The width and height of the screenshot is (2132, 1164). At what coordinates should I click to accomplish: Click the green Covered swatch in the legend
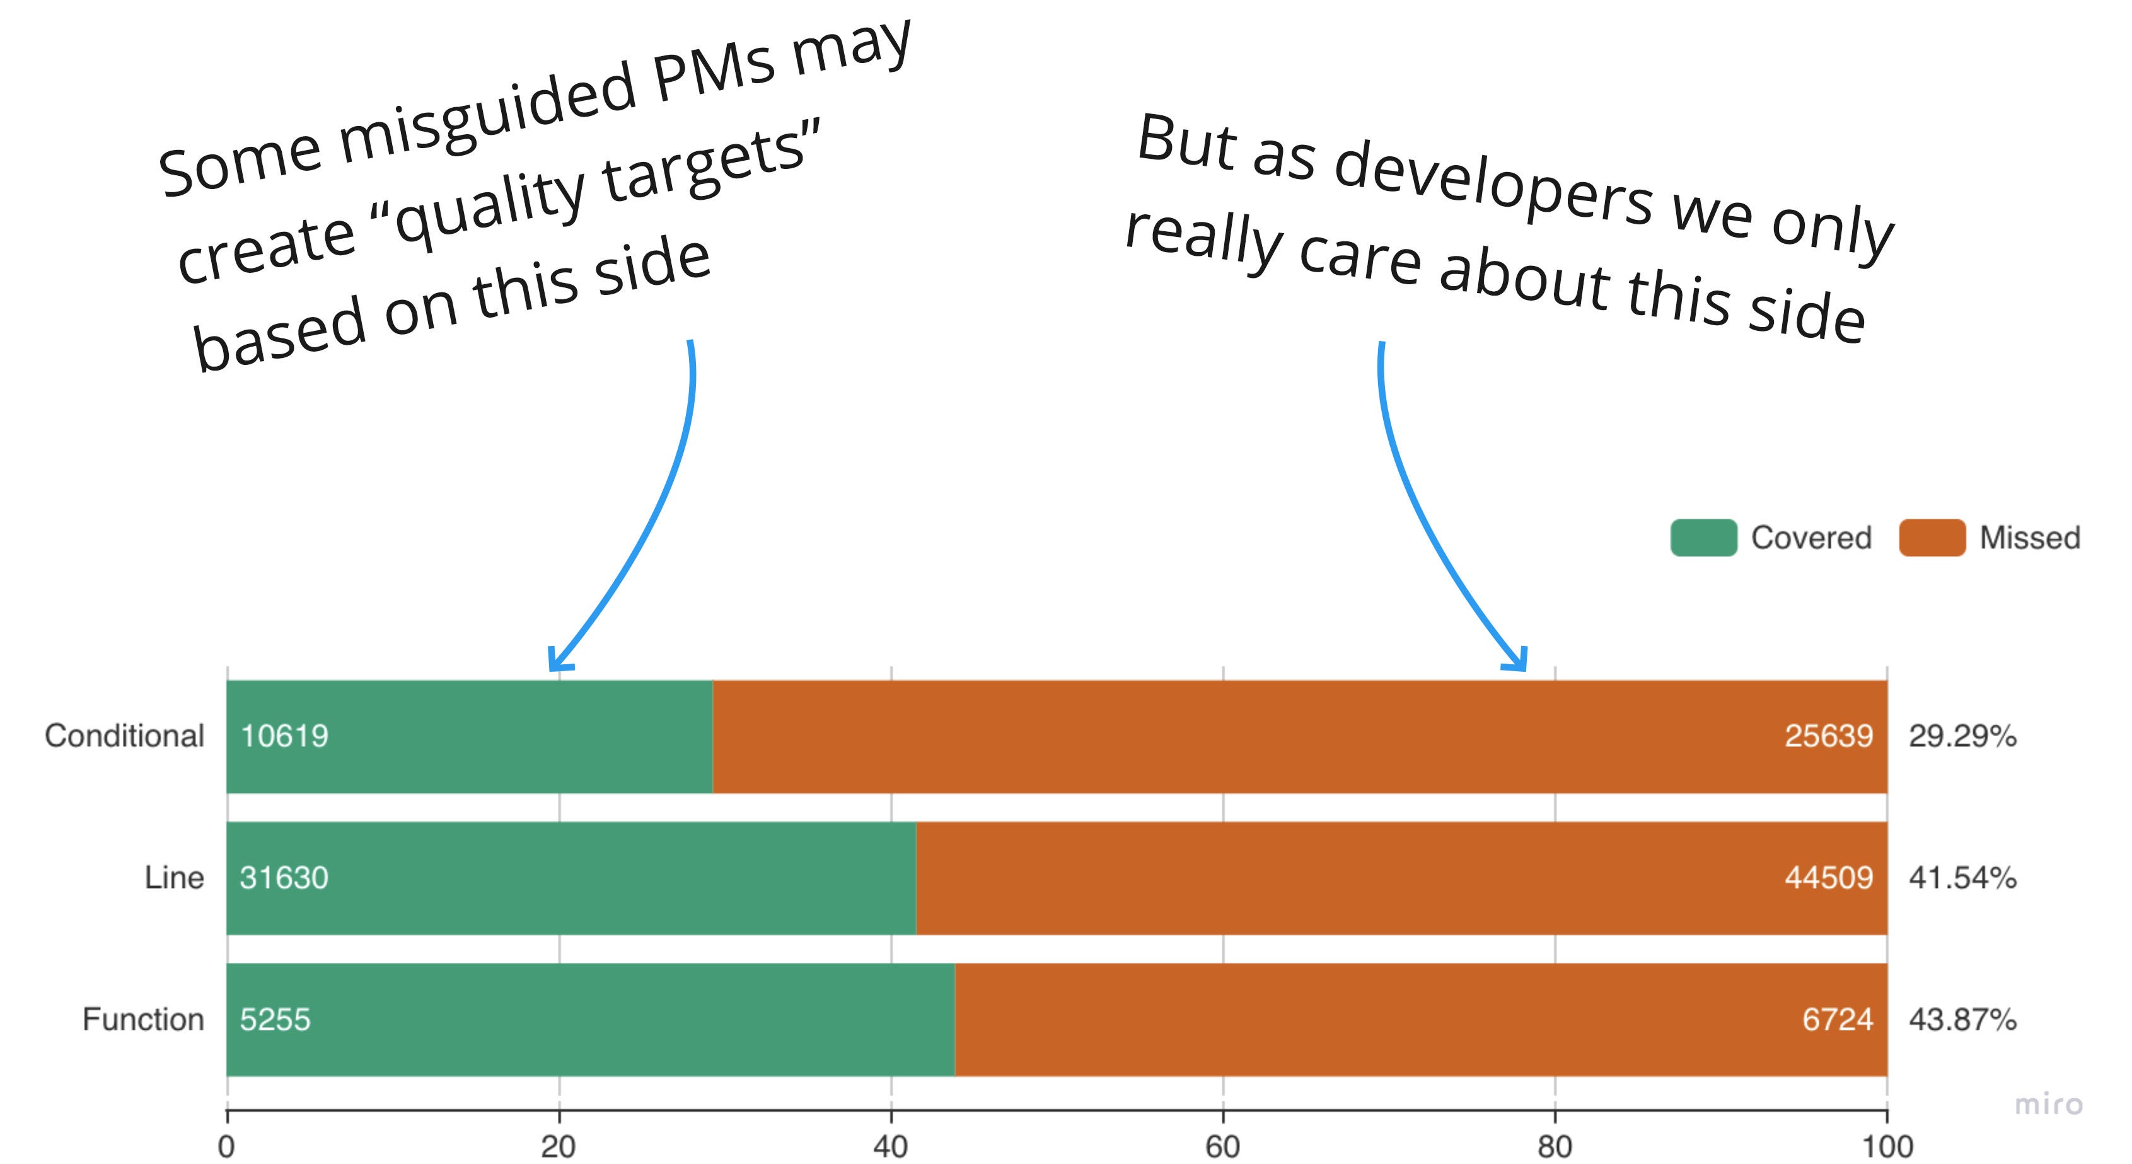pos(1703,538)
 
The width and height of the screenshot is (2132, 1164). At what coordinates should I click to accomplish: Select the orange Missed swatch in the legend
pos(1931,538)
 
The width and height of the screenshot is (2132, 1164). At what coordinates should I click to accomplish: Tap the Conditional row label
pos(124,735)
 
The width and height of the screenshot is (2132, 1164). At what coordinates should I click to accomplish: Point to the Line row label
pos(174,877)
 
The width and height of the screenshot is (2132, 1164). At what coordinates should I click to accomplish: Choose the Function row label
pos(143,1019)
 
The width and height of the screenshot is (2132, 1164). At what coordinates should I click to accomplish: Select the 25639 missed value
pos(1828,735)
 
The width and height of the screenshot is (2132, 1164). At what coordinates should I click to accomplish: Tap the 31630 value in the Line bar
pos(284,877)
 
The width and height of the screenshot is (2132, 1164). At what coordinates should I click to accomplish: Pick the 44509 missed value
pos(1828,877)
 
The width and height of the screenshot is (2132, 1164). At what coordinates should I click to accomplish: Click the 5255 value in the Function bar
pos(275,1019)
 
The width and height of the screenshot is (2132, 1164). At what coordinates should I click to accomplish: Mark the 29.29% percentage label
pos(1962,735)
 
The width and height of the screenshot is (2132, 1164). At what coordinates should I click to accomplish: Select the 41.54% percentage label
pos(1962,877)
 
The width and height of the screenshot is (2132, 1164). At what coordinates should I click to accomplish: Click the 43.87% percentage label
pos(1962,1019)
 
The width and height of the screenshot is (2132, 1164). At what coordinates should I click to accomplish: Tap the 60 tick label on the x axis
pos(1222,1146)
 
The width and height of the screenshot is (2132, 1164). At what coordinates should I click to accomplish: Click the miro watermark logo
pos(2048,1104)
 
